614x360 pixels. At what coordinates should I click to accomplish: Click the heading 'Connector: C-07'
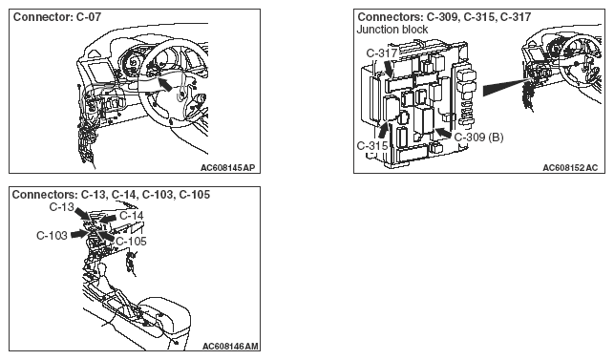click(57, 17)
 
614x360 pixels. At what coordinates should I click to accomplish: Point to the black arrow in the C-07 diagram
click(165, 84)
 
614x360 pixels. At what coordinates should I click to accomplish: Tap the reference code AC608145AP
click(227, 168)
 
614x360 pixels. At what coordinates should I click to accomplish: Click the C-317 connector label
click(382, 53)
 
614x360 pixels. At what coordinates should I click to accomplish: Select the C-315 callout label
click(372, 146)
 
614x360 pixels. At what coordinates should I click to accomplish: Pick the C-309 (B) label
click(479, 138)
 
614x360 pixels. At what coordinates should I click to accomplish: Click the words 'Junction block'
click(392, 30)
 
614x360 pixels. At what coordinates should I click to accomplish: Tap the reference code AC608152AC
click(570, 168)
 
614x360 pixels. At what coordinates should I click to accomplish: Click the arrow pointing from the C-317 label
click(388, 69)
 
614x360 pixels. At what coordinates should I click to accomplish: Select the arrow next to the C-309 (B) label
click(443, 133)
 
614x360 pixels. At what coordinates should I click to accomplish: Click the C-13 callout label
click(61, 207)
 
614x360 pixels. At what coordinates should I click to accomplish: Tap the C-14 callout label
click(132, 216)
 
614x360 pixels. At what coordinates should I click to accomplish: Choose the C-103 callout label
click(52, 236)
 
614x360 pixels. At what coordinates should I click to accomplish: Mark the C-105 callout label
click(131, 242)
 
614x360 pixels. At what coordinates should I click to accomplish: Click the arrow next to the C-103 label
click(79, 234)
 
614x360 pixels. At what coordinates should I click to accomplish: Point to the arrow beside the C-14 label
click(107, 219)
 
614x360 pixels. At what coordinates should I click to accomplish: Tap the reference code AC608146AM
click(230, 347)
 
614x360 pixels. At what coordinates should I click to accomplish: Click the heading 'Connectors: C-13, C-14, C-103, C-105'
click(111, 195)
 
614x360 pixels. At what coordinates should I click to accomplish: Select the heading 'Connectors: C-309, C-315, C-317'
click(444, 17)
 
